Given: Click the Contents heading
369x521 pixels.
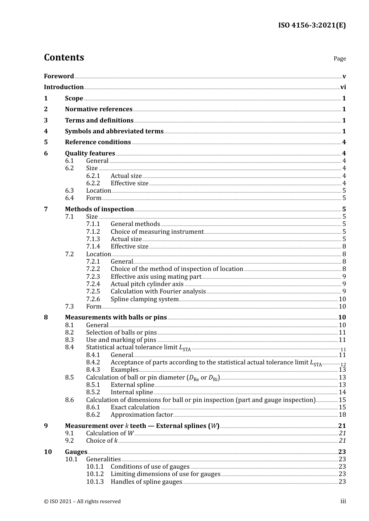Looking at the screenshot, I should [x=64, y=57].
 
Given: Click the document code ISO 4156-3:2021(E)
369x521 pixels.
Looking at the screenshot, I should [x=312, y=26].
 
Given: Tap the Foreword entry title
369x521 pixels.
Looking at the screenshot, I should [x=59, y=76].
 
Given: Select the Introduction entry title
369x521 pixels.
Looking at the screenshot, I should [x=64, y=87].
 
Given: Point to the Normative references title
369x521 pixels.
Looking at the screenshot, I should [x=99, y=109].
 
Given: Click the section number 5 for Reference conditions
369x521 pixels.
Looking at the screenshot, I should [x=46, y=142].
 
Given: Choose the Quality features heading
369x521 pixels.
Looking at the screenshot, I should [x=90, y=154].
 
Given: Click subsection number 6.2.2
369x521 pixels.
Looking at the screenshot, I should [x=93, y=183].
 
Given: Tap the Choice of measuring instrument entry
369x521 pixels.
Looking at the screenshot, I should [x=157, y=232].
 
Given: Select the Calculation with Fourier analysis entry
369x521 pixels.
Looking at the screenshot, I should [x=158, y=292].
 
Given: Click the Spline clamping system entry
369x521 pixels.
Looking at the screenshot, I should [x=144, y=299].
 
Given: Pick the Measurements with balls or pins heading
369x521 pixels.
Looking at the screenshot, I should [x=116, y=317].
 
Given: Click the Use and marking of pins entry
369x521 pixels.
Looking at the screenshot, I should [x=121, y=340].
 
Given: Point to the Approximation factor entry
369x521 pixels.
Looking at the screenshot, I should [x=141, y=415].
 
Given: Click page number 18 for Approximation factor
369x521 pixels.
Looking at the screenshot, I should [x=342, y=415].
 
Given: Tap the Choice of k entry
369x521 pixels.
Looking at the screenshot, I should [x=102, y=441].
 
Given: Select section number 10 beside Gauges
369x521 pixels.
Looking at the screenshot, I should [x=48, y=452].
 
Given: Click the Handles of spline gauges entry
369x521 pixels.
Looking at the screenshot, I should [x=146, y=482].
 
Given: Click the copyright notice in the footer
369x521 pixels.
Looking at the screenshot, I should [x=82, y=502].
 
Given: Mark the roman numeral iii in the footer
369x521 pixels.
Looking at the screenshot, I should [x=343, y=501].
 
